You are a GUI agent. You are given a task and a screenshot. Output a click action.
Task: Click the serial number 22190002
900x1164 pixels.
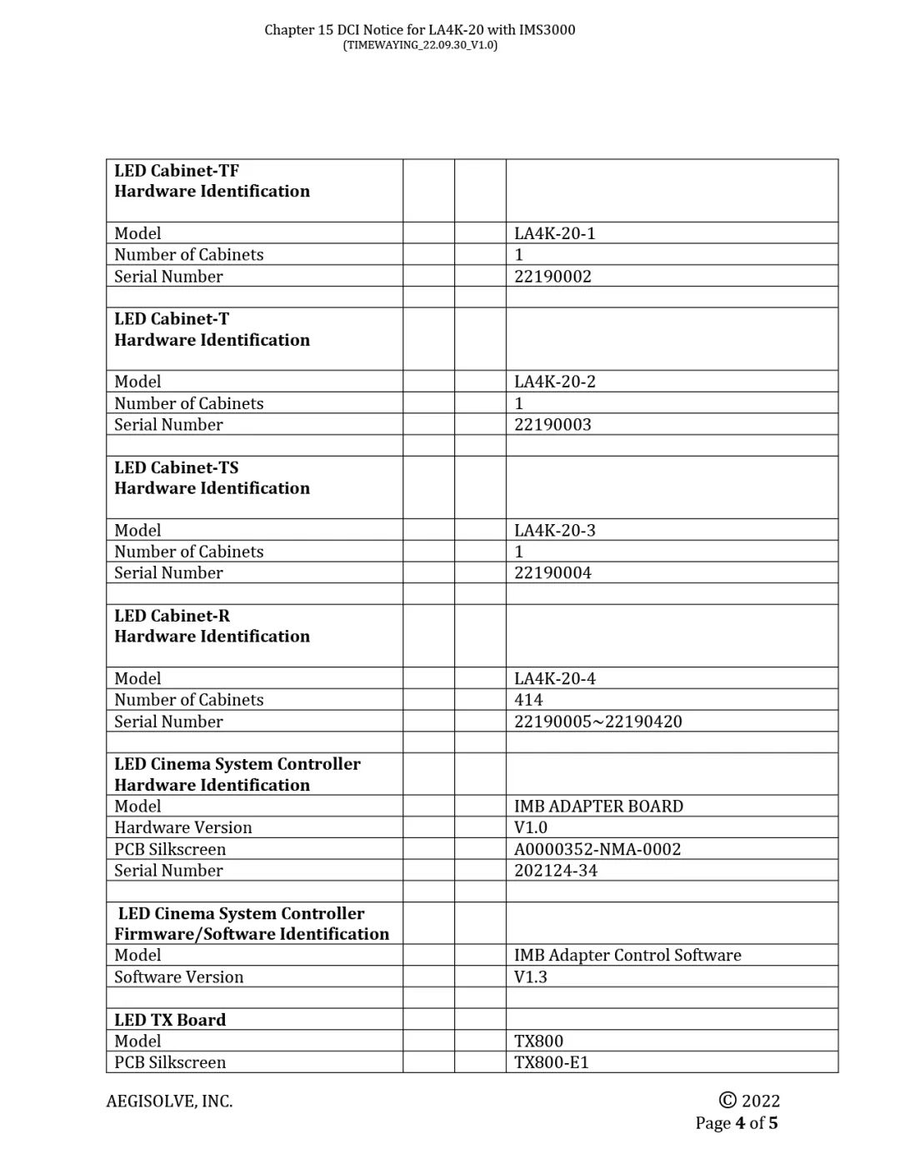(552, 277)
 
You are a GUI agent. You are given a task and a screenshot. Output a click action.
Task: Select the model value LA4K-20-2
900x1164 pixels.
(555, 382)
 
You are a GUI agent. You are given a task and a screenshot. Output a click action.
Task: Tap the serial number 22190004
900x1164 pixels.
(552, 573)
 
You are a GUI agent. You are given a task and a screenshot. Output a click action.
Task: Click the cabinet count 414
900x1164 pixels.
(528, 700)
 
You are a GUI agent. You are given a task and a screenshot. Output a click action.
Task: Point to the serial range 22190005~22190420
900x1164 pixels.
(597, 722)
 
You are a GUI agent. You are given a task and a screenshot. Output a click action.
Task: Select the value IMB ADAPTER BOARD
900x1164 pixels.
(598, 807)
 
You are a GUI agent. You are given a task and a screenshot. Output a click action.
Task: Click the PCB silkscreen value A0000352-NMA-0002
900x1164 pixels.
(597, 849)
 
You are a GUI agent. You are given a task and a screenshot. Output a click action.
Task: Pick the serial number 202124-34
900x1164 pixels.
(556, 871)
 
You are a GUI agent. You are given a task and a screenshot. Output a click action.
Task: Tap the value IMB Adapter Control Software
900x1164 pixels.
(627, 956)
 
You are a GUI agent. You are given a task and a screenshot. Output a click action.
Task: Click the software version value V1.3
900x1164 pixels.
(531, 977)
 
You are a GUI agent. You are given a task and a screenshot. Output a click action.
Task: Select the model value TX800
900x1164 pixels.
(538, 1042)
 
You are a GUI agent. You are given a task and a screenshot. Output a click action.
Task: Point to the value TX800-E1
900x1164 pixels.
(551, 1063)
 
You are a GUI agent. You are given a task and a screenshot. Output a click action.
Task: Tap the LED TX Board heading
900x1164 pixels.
(170, 1020)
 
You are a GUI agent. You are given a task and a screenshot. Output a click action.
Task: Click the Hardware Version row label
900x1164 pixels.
(183, 828)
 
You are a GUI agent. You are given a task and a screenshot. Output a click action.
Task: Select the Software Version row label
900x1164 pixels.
(179, 977)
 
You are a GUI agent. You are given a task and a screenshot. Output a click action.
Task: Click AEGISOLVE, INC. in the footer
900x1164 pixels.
(169, 1102)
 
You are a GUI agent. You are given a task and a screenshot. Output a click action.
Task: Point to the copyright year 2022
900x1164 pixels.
(759, 1102)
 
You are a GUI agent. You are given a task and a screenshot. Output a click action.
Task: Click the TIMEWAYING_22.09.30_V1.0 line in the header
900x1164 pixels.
(420, 45)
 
